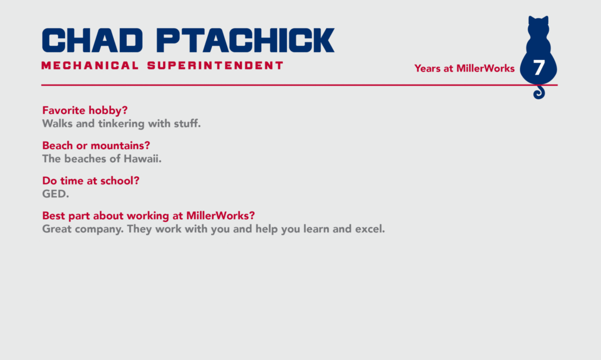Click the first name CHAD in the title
[92, 41]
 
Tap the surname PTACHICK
[245, 41]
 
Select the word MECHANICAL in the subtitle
[90, 66]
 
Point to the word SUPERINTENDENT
[215, 66]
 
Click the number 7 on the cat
[539, 68]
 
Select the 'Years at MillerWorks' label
[464, 69]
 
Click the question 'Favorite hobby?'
[85, 110]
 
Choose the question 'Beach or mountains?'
[96, 146]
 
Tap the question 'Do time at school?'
[90, 180]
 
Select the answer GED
[56, 194]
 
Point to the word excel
[370, 229]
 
